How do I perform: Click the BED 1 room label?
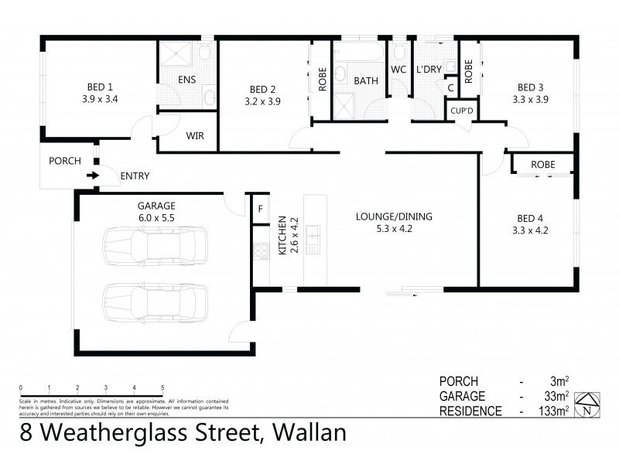tap(99, 87)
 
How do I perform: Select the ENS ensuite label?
tap(186, 80)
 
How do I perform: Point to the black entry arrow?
tap(93, 176)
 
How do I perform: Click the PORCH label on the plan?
tap(64, 161)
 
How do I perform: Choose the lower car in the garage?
tap(155, 298)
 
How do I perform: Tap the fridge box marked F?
tap(259, 209)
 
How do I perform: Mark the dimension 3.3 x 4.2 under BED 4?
tap(530, 230)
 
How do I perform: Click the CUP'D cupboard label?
tap(463, 111)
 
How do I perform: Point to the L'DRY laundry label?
tap(428, 70)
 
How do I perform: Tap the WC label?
tap(398, 70)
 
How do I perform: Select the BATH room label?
tap(365, 80)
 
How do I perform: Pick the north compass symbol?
tap(590, 404)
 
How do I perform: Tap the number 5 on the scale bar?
tap(162, 387)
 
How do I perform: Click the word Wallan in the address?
tap(306, 432)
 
